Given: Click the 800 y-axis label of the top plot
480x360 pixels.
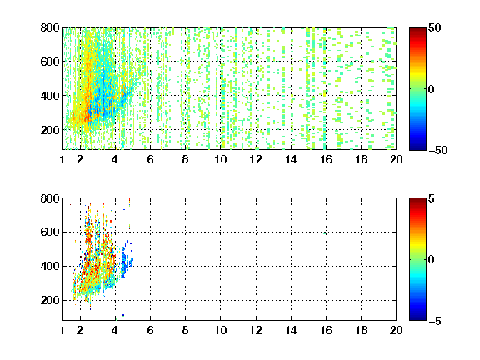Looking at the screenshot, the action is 50,27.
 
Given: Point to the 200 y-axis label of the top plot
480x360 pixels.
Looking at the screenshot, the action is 50,130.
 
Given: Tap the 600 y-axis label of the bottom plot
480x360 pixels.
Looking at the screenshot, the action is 50,232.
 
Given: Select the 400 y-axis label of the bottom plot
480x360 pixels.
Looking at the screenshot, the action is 50,266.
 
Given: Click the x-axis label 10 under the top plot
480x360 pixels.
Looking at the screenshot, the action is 220,159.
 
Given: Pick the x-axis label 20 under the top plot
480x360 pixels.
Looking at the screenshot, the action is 396,159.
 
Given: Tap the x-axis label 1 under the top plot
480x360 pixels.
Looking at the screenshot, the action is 62,159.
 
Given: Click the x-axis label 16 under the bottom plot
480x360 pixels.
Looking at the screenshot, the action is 326,330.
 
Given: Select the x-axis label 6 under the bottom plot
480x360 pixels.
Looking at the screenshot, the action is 150,330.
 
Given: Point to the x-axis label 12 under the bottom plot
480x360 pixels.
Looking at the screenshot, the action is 256,330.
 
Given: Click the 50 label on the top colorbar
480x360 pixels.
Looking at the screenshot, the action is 435,27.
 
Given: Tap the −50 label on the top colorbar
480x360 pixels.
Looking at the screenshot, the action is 438,150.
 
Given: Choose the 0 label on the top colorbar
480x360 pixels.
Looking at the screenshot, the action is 432,89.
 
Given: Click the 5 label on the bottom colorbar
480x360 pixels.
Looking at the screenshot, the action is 432,198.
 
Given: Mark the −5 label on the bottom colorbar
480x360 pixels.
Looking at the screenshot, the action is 435,321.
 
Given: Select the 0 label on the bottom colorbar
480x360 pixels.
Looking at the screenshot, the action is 432,260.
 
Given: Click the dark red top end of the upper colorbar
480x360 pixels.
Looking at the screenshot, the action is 417,29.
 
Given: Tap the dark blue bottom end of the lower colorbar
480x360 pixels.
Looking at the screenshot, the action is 417,318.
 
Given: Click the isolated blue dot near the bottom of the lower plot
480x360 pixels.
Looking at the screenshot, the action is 123,315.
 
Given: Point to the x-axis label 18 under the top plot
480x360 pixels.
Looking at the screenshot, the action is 361,159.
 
